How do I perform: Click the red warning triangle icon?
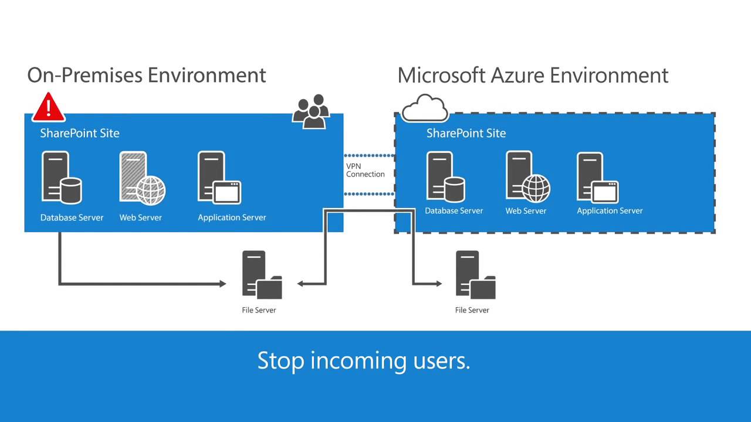click(49, 107)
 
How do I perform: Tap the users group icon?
click(310, 112)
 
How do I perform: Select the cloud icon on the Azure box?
click(425, 108)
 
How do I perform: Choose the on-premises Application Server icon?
click(219, 178)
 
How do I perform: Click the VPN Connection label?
click(365, 170)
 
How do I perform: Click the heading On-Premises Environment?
click(147, 75)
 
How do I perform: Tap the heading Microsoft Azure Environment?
click(533, 75)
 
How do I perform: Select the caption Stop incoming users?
click(364, 360)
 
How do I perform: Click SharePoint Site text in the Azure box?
click(466, 133)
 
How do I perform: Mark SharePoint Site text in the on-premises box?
click(80, 133)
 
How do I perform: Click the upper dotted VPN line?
click(368, 156)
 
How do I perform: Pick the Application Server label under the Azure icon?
click(610, 211)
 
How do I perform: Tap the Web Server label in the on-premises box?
click(141, 217)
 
